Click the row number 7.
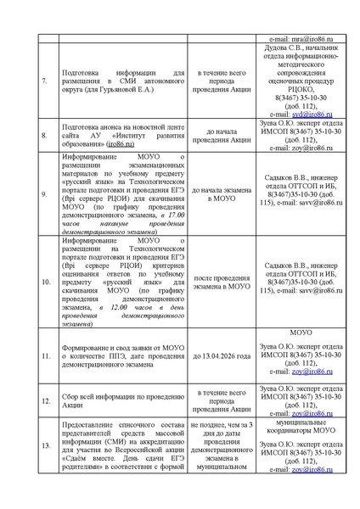click(45, 83)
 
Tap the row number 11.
click(45, 356)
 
